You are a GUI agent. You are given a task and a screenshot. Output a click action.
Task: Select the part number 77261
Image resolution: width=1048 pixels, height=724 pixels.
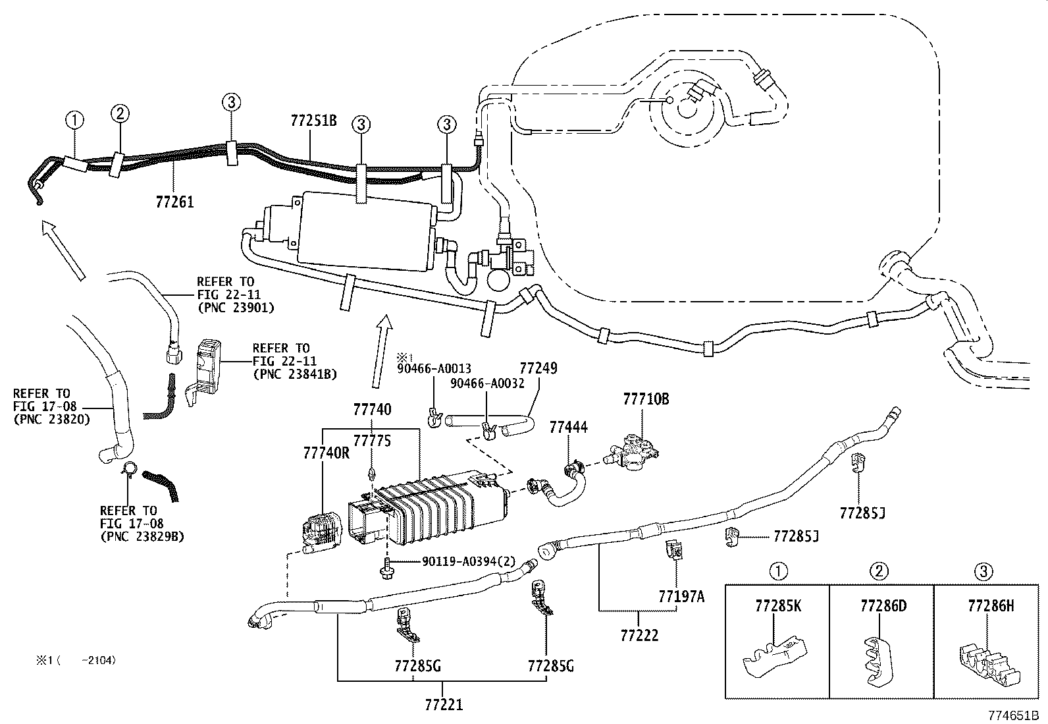coord(175,202)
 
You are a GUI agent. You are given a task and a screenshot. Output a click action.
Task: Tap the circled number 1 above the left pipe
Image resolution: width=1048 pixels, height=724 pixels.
coord(75,121)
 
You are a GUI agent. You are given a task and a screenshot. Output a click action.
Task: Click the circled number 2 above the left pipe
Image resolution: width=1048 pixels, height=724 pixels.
coord(119,113)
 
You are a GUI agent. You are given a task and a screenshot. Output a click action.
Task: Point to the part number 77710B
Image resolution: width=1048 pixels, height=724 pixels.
coord(646,399)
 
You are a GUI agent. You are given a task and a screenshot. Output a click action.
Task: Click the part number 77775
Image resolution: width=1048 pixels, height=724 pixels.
coord(372,440)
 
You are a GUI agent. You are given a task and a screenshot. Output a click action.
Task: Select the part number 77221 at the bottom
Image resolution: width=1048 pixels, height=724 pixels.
coord(444,705)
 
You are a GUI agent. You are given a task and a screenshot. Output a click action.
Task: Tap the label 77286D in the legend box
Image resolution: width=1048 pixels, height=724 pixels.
coord(882,606)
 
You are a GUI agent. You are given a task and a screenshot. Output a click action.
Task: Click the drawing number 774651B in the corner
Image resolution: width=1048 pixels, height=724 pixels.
coord(1012,715)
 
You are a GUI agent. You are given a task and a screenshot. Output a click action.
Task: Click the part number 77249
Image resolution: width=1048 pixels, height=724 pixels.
coord(538,368)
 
